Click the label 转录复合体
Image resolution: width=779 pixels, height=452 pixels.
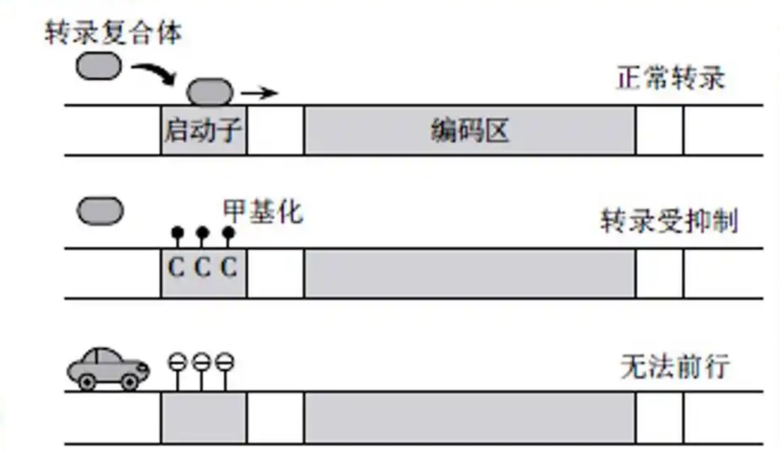point(113,32)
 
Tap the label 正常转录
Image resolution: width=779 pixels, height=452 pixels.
point(670,77)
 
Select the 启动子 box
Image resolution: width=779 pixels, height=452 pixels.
point(203,131)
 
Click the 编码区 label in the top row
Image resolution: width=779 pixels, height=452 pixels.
point(470,131)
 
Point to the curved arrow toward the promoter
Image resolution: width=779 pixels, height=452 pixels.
point(156,73)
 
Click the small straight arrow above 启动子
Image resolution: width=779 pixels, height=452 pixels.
point(259,93)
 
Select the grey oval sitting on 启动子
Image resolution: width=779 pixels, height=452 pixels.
point(211,92)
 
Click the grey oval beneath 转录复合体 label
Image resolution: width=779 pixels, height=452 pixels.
point(99,66)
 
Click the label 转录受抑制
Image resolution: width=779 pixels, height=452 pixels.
point(669,222)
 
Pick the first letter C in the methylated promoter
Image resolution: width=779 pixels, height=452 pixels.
point(177,268)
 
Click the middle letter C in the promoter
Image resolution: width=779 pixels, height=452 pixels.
point(203,268)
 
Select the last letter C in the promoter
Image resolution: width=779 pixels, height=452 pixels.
point(228,268)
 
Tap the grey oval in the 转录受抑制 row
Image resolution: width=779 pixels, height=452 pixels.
point(100,212)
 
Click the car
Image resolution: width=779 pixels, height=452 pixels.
point(107,368)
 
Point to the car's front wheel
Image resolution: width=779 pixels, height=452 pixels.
point(130,382)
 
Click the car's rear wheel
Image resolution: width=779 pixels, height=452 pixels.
point(87,382)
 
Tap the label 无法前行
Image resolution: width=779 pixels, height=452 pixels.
point(674,368)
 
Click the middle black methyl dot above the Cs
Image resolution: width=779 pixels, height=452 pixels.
point(203,232)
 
